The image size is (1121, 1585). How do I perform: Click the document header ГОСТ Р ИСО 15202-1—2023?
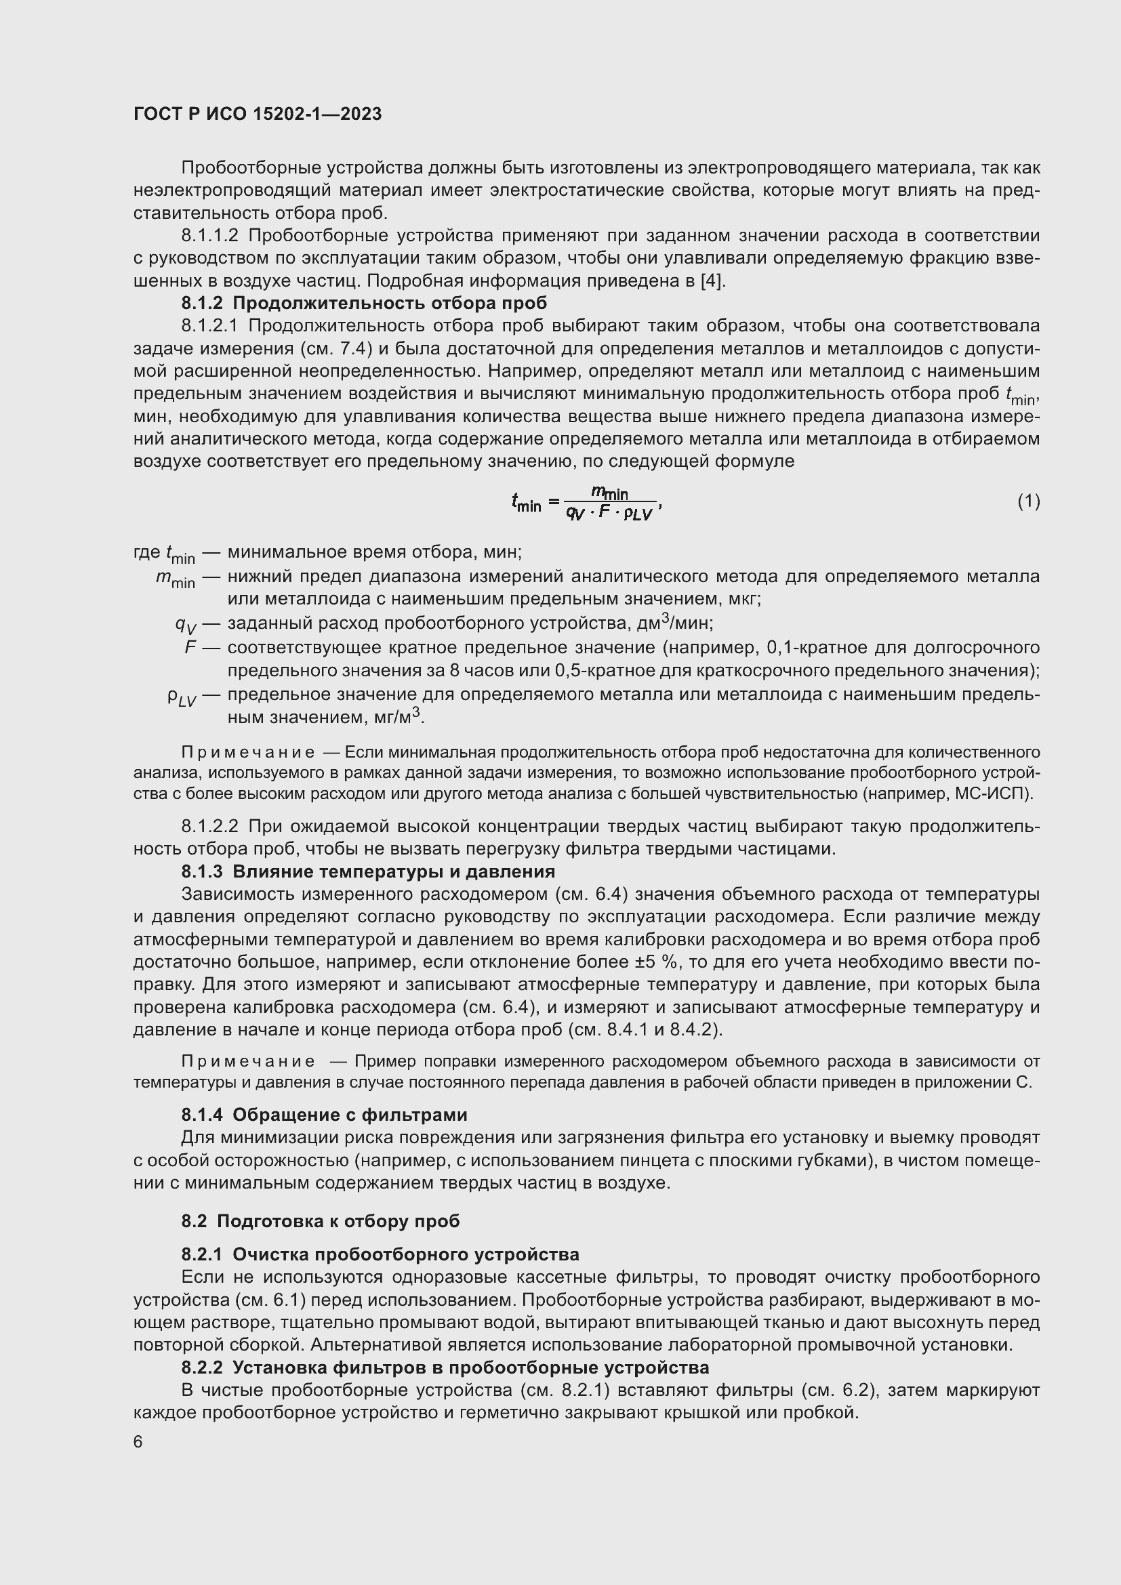258,115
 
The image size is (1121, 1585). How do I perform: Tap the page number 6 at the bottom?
138,1442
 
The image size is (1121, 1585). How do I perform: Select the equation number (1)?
1029,501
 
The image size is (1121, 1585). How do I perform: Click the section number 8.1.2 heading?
202,303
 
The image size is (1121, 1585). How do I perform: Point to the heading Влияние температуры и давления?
394,872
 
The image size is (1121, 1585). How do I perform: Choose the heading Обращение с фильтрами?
350,1115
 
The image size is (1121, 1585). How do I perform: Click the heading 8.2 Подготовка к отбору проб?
321,1221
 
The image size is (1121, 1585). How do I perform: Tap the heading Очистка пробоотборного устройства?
406,1254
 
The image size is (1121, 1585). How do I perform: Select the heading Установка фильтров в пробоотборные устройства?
471,1367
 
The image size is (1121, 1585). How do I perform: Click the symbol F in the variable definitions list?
190,648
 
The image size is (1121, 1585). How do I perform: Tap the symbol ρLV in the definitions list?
182,697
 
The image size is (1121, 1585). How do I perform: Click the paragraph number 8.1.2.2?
210,826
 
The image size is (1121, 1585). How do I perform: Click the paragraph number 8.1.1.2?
210,236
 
